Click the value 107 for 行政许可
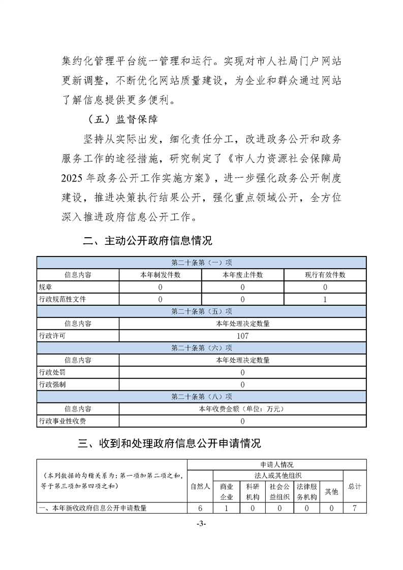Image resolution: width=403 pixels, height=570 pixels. (x=242, y=336)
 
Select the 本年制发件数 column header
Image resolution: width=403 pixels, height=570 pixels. (x=160, y=275)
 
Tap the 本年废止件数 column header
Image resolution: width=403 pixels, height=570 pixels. (x=242, y=275)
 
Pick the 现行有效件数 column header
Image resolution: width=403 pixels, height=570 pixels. (x=325, y=275)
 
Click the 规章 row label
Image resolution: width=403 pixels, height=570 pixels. (x=45, y=287)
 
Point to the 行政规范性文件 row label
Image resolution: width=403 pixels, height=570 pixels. (x=62, y=299)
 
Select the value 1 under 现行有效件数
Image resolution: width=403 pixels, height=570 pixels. (x=325, y=299)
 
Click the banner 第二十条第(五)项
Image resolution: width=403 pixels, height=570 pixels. (x=202, y=311)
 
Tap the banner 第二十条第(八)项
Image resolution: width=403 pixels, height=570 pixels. (x=202, y=397)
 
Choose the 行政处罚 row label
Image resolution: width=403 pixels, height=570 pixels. (x=52, y=372)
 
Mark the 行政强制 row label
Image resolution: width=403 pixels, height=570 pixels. (x=52, y=385)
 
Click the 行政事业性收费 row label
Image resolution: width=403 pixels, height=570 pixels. (x=62, y=421)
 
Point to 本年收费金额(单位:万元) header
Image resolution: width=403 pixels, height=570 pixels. (x=242, y=409)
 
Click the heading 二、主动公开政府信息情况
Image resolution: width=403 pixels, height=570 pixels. (x=147, y=241)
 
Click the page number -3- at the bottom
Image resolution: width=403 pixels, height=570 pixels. (x=201, y=523)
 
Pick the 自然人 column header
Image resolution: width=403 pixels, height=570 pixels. (x=200, y=486)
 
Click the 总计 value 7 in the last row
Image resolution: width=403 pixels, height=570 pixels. (x=354, y=508)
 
